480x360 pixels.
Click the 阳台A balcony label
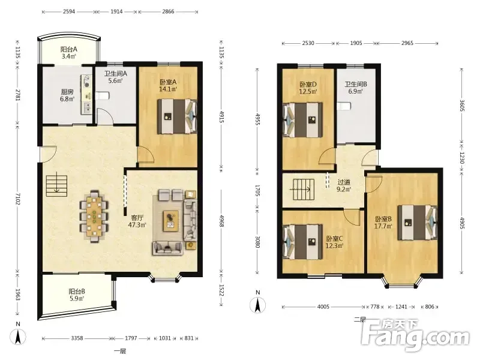point(68,49)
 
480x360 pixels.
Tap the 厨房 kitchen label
point(67,92)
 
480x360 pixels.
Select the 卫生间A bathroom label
point(115,74)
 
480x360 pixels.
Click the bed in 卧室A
point(177,116)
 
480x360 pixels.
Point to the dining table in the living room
point(94,217)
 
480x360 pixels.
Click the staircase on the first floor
point(56,186)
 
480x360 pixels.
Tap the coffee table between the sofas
point(170,221)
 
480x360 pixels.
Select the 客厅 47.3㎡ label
point(137,221)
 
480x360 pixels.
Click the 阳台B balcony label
point(77,292)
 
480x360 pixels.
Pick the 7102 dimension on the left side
point(18,199)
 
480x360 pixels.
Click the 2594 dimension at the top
point(69,11)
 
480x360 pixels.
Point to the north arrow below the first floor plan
point(18,337)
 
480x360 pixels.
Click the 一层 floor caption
point(120,351)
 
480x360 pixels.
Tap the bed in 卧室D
point(303,120)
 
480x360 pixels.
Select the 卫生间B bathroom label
point(356,84)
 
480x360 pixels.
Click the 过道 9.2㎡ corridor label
point(344,186)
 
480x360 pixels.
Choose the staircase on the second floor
point(304,190)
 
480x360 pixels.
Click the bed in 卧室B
point(417,223)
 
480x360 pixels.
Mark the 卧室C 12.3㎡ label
point(334,242)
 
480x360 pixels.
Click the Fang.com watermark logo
point(415,336)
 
